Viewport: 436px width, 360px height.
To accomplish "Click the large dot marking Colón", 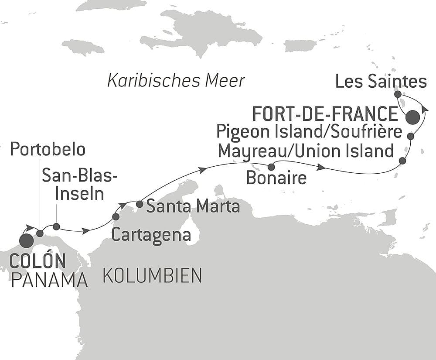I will pyautogui.click(x=26, y=240).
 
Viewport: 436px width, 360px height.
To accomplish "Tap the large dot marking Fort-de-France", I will pyautogui.click(x=412, y=117).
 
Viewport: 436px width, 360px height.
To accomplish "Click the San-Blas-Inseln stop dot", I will pyautogui.click(x=56, y=226).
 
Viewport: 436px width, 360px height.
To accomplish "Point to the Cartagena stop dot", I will pyautogui.click(x=116, y=216).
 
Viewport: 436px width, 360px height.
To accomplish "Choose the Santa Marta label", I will pyautogui.click(x=193, y=206).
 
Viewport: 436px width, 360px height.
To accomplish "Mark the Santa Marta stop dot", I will pyautogui.click(x=140, y=204).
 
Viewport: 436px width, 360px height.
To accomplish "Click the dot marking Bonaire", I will pyautogui.click(x=271, y=167).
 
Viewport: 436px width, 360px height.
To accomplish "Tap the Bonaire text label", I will pyautogui.click(x=276, y=178).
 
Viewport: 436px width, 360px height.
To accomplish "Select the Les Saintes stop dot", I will pyautogui.click(x=397, y=94).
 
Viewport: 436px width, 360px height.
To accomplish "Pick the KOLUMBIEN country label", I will pyautogui.click(x=152, y=275).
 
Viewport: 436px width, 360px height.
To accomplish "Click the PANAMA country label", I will pyautogui.click(x=49, y=281).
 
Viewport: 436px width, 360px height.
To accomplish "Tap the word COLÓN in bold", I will pyautogui.click(x=37, y=261).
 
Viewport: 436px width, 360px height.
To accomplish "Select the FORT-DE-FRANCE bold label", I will pyautogui.click(x=324, y=114).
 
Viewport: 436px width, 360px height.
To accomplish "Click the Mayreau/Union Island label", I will pyautogui.click(x=306, y=151).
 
